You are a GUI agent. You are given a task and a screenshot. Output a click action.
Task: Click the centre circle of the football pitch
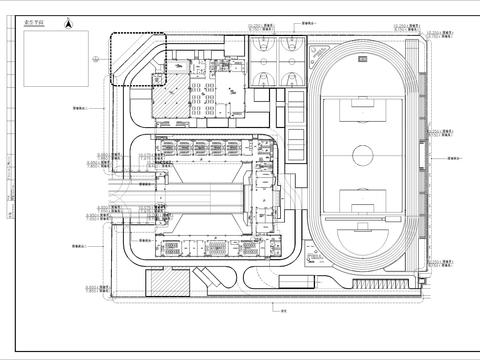pos(362,154)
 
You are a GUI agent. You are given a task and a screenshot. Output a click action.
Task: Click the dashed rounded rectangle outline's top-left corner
pos(112,36)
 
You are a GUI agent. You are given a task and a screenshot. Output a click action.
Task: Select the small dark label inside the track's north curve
pos(361,59)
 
